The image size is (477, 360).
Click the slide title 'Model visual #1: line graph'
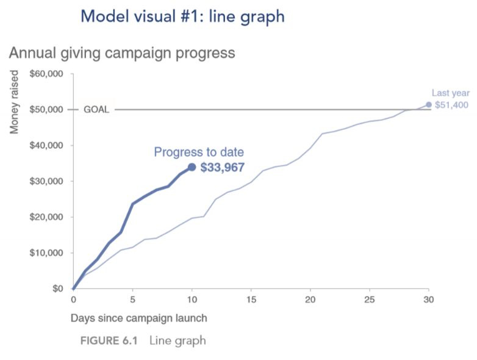(x=182, y=16)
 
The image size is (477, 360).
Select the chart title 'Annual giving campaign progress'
(x=121, y=52)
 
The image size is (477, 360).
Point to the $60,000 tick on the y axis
(x=47, y=74)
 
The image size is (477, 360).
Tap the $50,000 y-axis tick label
(x=47, y=110)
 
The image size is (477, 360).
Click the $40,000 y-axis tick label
(x=47, y=145)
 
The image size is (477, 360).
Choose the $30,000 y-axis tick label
(x=47, y=181)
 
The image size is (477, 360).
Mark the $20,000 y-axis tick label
(x=47, y=217)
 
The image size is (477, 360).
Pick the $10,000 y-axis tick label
(x=47, y=253)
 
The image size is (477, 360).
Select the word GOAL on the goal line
(x=96, y=110)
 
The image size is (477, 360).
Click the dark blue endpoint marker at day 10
(x=192, y=167)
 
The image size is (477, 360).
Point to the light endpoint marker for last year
(x=429, y=104)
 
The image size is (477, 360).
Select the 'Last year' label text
(x=450, y=93)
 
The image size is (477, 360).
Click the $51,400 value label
(x=451, y=105)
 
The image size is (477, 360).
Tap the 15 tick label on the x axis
(x=251, y=300)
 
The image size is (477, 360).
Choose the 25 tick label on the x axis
(x=370, y=300)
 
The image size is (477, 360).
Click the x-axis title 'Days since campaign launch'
(x=138, y=318)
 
